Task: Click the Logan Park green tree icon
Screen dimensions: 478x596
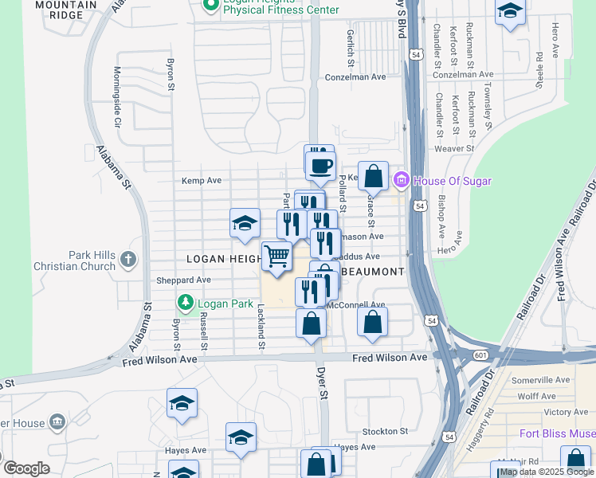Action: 185,302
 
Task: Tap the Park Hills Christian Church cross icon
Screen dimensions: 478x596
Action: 129,259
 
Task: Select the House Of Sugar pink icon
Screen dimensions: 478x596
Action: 402,181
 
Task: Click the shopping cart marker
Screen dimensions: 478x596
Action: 276,257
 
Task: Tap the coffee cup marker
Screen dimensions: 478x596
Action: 320,166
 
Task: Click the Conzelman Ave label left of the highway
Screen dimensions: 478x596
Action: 355,77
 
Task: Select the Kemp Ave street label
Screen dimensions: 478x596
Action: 202,181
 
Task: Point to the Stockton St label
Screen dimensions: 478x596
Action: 385,431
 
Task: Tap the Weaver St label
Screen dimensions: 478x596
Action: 454,148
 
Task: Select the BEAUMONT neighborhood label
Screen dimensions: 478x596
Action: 374,272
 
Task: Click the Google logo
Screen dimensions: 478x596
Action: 26,468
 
